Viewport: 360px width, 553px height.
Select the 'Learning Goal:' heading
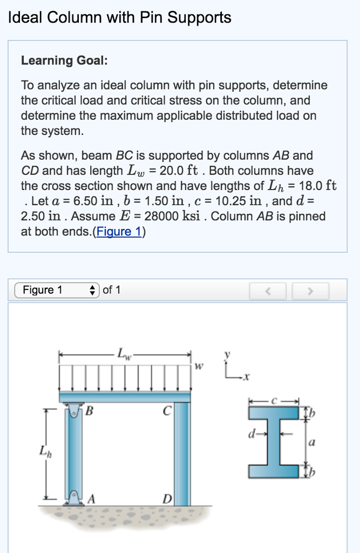point(64,60)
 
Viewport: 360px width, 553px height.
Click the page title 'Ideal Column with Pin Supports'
point(120,18)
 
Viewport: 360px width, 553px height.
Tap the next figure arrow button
point(310,291)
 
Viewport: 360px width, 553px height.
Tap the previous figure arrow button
point(267,291)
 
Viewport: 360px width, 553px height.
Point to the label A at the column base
point(91,499)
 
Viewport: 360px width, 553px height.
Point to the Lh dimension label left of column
point(42,449)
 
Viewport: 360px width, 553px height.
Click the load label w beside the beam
point(199,367)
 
